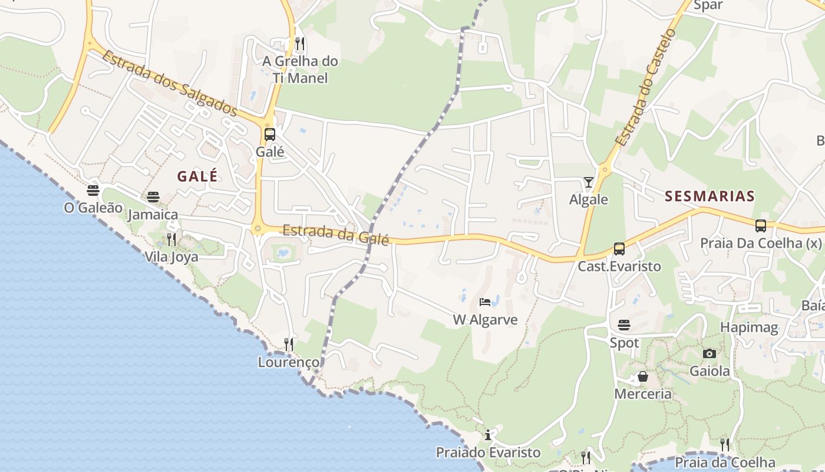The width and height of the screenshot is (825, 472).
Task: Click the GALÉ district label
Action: point(197,176)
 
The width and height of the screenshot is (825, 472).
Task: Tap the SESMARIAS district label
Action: point(709,196)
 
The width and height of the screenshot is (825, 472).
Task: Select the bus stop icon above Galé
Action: point(270,134)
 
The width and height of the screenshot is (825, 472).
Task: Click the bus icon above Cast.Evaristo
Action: point(619,249)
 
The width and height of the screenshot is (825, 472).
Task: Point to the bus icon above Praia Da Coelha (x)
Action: point(761,225)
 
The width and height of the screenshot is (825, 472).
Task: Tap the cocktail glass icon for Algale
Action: point(588,182)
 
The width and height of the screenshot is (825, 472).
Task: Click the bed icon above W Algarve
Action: point(485,302)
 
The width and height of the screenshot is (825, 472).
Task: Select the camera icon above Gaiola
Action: point(709,353)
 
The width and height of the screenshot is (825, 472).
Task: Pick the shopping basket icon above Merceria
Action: point(643,376)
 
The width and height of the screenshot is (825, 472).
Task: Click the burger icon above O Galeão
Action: point(93,190)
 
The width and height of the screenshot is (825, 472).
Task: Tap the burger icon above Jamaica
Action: point(153,196)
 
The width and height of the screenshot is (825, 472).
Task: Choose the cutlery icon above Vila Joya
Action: point(171,239)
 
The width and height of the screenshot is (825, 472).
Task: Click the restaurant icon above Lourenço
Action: point(289,344)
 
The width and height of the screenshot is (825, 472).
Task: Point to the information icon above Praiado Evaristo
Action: point(488,435)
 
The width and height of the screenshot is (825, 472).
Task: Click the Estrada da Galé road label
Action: point(336,234)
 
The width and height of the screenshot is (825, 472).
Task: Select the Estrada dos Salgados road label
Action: point(170,83)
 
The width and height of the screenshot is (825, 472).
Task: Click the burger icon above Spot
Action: point(624,324)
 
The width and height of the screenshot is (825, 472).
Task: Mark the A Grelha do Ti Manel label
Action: point(301,69)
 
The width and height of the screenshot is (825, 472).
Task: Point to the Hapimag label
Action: point(749,327)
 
